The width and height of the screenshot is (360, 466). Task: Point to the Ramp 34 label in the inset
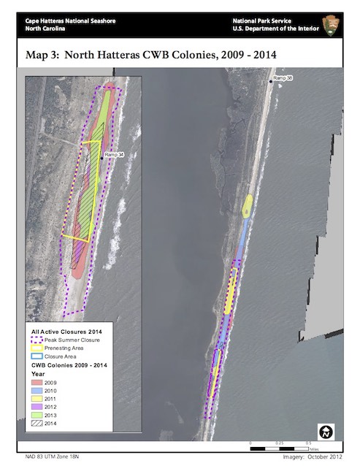click(x=113, y=155)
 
